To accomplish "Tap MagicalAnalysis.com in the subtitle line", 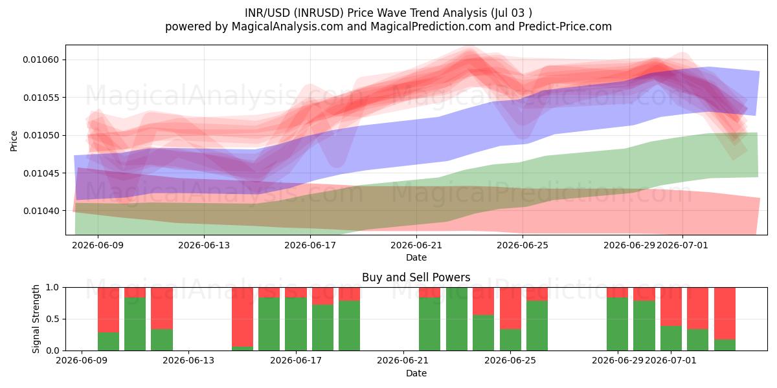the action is [287, 27].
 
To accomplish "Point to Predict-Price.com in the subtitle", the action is [565, 27].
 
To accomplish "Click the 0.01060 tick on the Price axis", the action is [41, 60].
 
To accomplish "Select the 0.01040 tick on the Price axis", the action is [41, 211].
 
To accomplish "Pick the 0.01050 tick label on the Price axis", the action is [41, 135].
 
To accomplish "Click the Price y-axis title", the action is [14, 142].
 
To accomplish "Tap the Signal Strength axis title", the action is [36, 319].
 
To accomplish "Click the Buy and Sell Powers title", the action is [416, 277].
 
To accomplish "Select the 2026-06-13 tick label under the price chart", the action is [204, 245].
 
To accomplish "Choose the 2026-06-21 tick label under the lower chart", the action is [403, 361].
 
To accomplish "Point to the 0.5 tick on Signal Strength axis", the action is [52, 319].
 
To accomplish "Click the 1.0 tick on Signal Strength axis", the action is [52, 288].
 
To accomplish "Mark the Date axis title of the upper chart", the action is [416, 257].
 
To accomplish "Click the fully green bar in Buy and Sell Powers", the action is [456, 319].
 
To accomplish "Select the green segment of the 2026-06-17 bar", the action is [296, 324].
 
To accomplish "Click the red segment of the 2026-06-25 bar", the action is [510, 308].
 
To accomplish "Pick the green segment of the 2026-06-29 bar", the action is [618, 324].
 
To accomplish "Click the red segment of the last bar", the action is [725, 314].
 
